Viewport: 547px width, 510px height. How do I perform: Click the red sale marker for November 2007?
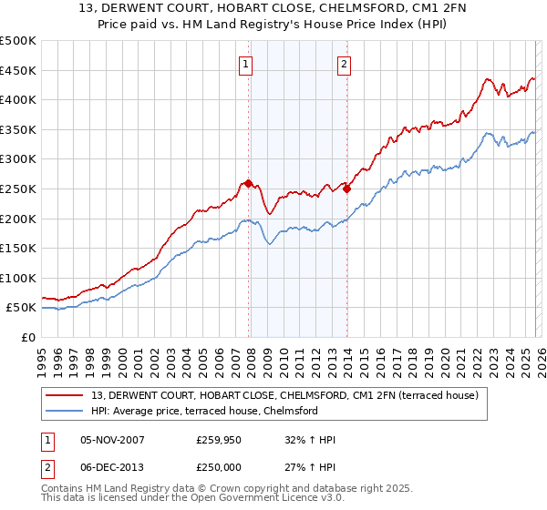point(248,183)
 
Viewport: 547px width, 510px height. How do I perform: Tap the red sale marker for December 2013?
point(346,189)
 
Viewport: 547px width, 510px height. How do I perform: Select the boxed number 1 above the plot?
point(247,64)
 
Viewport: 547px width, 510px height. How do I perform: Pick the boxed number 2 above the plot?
point(344,64)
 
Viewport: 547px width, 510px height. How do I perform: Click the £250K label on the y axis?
point(18,189)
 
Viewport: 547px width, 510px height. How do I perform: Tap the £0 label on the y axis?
point(28,338)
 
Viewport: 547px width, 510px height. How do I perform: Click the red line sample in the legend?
point(67,394)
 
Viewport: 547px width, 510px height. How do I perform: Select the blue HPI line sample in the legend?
point(67,411)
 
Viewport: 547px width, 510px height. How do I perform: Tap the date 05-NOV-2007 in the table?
point(112,440)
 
